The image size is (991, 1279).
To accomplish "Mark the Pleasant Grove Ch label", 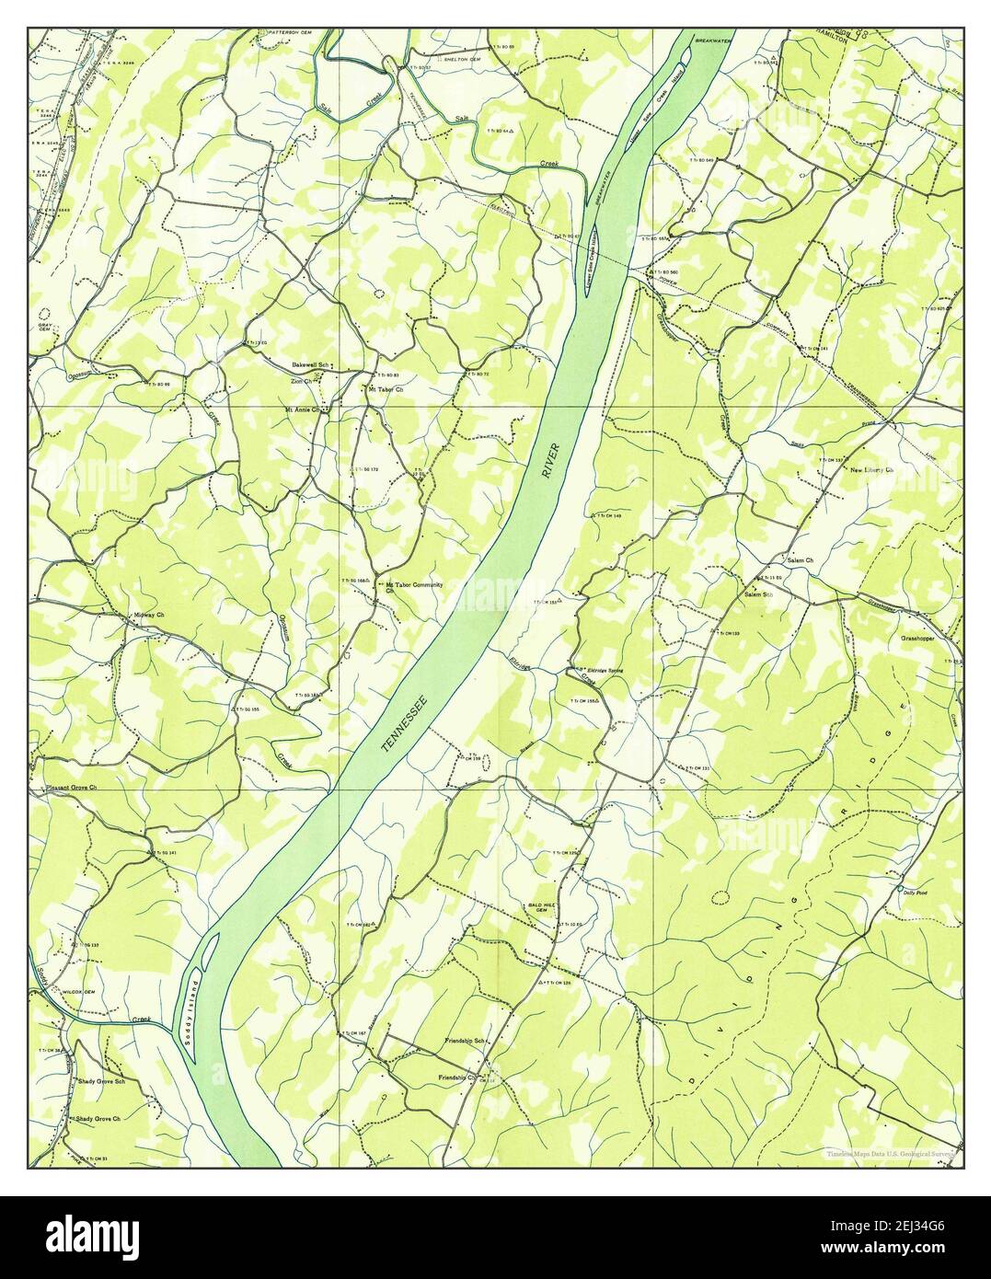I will [70, 789].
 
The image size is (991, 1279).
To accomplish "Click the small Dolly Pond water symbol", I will [898, 891].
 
